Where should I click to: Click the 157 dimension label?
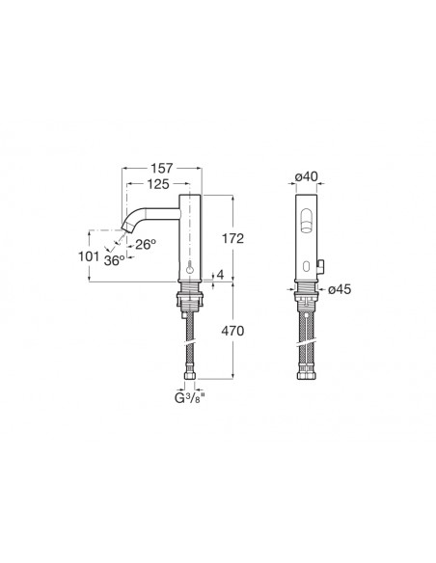162,168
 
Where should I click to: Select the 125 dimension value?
158,184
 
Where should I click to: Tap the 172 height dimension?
232,238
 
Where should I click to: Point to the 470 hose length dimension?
232,331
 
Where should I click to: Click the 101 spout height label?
89,256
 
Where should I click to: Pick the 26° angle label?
146,245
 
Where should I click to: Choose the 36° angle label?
115,260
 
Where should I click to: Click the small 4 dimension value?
220,275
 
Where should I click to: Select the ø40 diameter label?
307,176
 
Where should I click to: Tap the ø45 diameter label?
340,289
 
